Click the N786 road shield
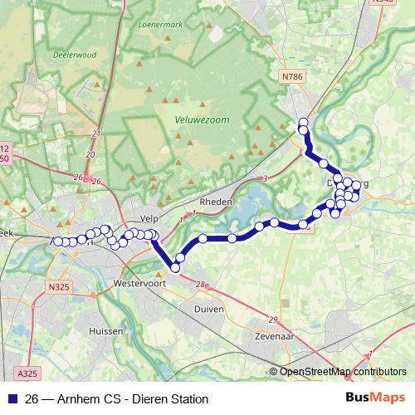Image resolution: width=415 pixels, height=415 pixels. [x=290, y=77]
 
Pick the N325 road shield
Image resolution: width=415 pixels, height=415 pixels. [x=59, y=287]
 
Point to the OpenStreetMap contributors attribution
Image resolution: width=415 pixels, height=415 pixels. [x=343, y=371]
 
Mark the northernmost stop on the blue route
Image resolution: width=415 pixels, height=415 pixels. [x=303, y=124]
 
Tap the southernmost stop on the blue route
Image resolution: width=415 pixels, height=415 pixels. [x=175, y=267]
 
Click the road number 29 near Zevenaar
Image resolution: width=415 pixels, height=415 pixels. [x=274, y=320]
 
